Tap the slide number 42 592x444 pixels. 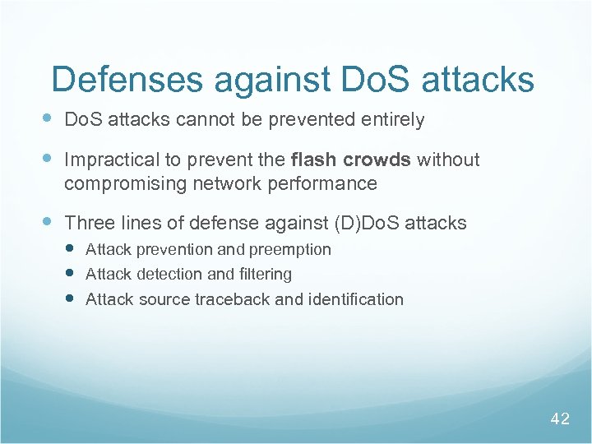coord(560,419)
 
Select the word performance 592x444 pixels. coord(326,184)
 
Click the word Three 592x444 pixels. coord(89,223)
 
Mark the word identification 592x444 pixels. coord(355,299)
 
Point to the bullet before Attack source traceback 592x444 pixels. coord(72,298)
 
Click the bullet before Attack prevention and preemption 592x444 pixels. coord(72,247)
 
